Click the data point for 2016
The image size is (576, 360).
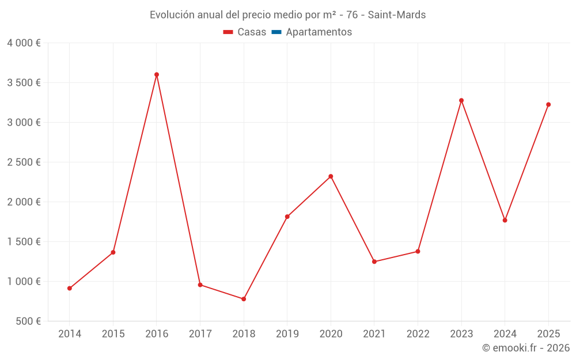pos(157,74)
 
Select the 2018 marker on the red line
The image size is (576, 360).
pos(244,299)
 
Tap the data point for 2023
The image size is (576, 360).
pos(461,100)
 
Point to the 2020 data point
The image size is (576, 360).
pos(331,176)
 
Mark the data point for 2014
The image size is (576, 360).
pos(70,288)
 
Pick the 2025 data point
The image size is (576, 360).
pos(548,104)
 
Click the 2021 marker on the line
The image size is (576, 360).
pos(374,262)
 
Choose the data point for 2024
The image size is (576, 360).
pos(505,220)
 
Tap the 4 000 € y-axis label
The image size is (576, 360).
pos(24,43)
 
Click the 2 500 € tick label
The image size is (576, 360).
pos(24,162)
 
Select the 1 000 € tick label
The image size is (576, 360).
pos(24,282)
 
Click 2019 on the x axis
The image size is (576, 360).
pos(287,334)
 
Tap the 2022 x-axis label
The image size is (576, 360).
pos(418,334)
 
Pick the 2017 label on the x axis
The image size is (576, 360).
pos(200,334)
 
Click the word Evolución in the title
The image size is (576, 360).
pos(172,15)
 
